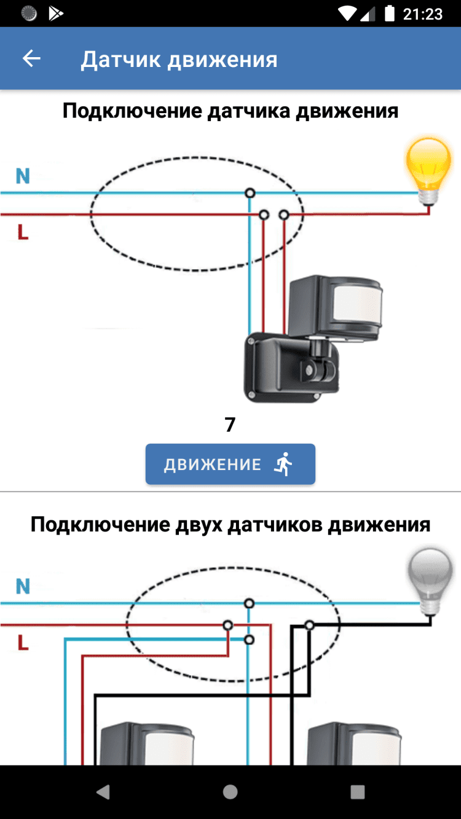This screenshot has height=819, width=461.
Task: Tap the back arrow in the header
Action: (31, 58)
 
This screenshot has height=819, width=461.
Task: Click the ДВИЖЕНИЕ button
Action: (230, 464)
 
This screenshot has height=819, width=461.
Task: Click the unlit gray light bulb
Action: (430, 578)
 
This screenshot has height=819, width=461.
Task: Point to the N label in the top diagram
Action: (23, 176)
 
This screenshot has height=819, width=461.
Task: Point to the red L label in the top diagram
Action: (23, 232)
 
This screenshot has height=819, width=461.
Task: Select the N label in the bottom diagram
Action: (23, 586)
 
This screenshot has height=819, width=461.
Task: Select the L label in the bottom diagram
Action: (23, 643)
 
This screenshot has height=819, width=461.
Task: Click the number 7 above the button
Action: (230, 425)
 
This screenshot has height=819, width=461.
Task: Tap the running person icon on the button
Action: (283, 464)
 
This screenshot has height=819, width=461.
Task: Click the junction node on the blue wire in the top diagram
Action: (250, 193)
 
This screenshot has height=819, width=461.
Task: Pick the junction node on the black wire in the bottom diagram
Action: (310, 625)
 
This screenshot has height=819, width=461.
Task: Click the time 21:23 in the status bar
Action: (423, 14)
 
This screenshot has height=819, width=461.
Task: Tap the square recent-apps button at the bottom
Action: (357, 791)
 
